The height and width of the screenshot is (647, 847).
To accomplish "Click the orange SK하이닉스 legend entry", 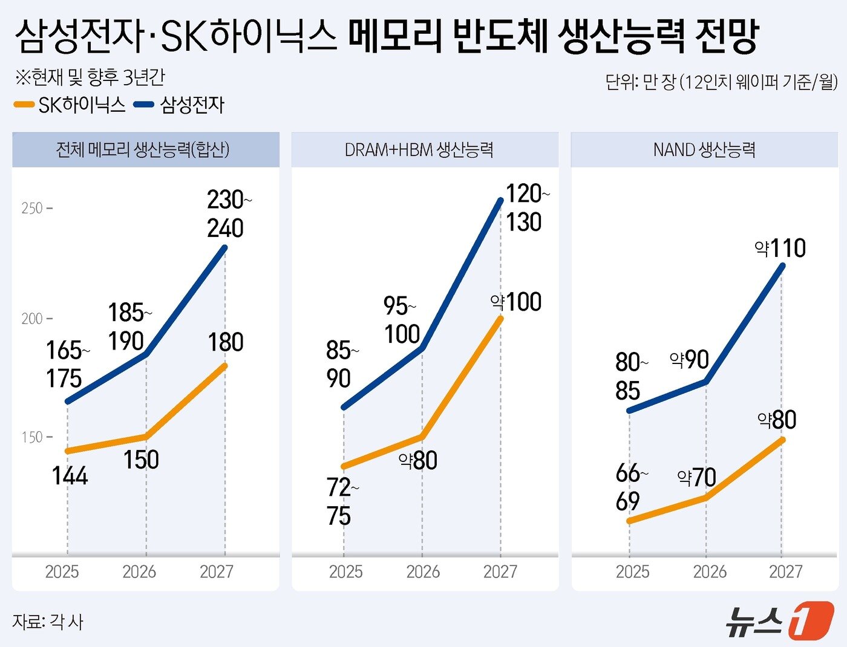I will coord(70,105).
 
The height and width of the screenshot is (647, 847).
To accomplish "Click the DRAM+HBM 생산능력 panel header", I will coord(419,149).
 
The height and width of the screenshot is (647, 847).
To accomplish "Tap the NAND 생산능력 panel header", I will coord(704,149).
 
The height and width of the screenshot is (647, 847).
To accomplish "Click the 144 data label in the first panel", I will coord(70,476).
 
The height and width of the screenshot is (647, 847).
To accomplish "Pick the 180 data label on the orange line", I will coord(226,342).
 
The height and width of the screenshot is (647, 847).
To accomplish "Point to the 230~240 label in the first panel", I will coord(227,214).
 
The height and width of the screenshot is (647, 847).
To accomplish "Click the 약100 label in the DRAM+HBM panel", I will coord(516,302).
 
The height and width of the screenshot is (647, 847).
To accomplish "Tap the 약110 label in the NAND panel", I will coord(780,249).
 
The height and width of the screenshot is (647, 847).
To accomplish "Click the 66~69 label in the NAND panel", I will coord(630,487).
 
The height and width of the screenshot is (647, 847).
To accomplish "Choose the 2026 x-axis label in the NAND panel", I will coord(710,571).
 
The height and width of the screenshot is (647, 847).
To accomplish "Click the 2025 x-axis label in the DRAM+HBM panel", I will coord(345,571).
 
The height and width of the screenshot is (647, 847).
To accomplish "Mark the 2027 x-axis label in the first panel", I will coord(216,571).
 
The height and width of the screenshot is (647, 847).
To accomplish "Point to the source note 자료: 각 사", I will coord(48,622).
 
